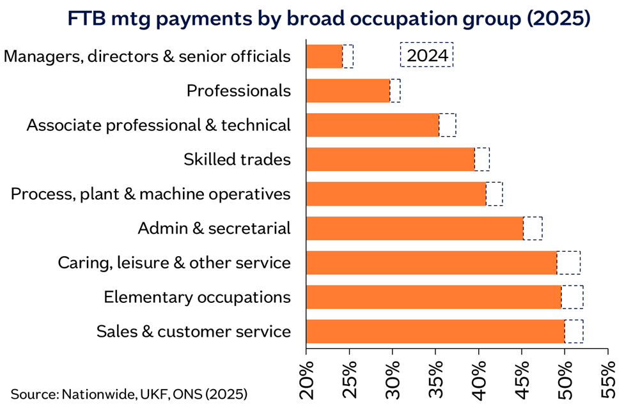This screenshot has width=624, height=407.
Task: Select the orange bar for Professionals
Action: click(348, 91)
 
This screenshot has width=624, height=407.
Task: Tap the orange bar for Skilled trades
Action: click(390, 159)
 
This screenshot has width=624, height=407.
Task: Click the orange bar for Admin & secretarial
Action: click(414, 228)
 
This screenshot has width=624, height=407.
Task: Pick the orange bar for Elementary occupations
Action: click(433, 297)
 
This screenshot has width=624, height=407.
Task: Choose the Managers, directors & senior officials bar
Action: click(324, 56)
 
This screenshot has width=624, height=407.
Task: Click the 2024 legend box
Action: click(426, 55)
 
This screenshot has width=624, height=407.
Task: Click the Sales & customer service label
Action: click(194, 332)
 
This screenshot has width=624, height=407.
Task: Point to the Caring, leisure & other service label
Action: click(174, 263)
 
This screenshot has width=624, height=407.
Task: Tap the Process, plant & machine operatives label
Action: click(151, 194)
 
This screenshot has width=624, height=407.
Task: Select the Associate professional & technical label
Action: click(159, 125)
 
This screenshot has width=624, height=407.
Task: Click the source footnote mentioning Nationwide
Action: click(129, 392)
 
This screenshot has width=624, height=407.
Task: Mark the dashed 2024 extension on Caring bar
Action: click(568, 263)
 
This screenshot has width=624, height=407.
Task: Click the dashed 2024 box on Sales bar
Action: click(573, 332)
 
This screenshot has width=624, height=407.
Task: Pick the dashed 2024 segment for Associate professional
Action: click(448, 125)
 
